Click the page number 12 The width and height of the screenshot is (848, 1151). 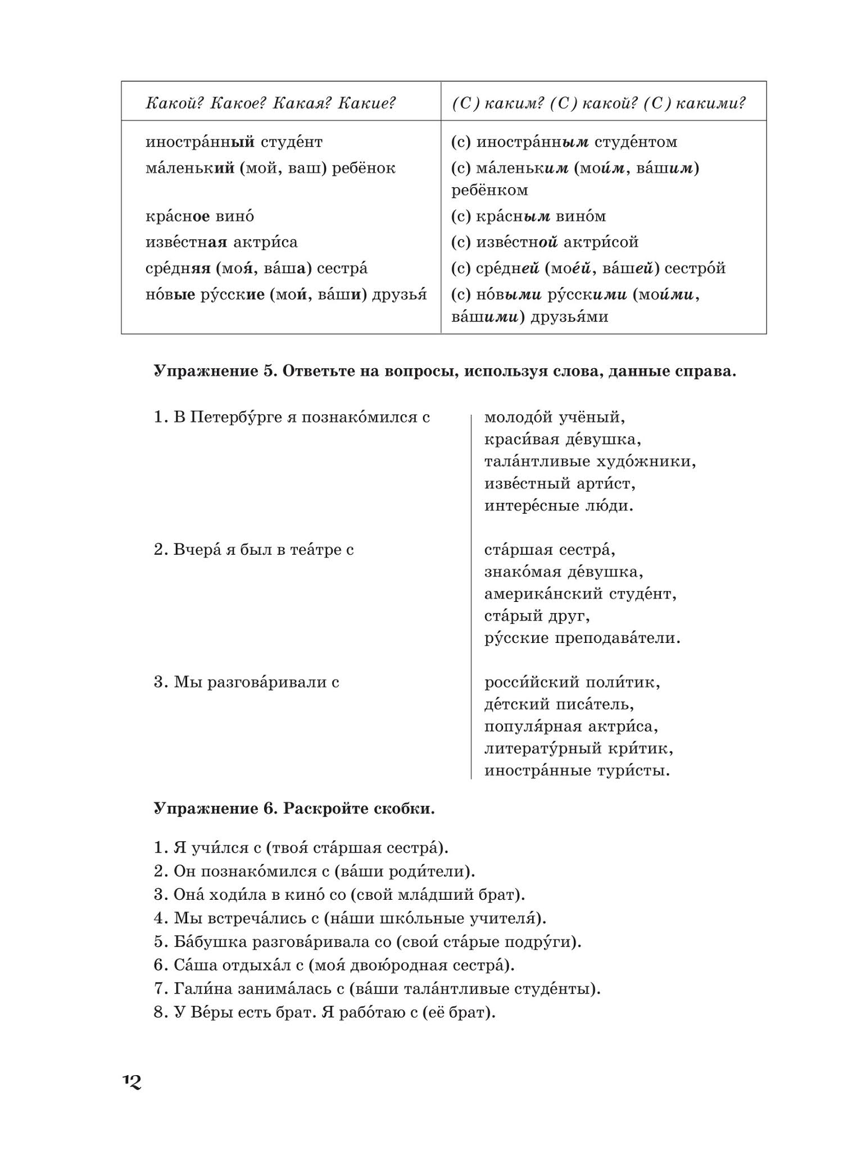[132, 1081]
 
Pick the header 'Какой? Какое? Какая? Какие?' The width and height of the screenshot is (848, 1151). [271, 103]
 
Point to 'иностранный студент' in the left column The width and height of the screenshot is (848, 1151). [234, 142]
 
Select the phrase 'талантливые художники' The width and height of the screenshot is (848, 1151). [590, 462]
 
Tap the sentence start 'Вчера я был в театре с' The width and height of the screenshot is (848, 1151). [253, 550]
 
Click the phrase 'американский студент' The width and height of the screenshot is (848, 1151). [580, 594]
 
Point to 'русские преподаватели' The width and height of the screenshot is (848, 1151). [582, 638]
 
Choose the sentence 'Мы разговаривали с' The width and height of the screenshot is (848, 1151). [247, 682]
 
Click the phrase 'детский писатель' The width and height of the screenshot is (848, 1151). [559, 704]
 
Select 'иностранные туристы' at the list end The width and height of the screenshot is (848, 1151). [577, 771]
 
